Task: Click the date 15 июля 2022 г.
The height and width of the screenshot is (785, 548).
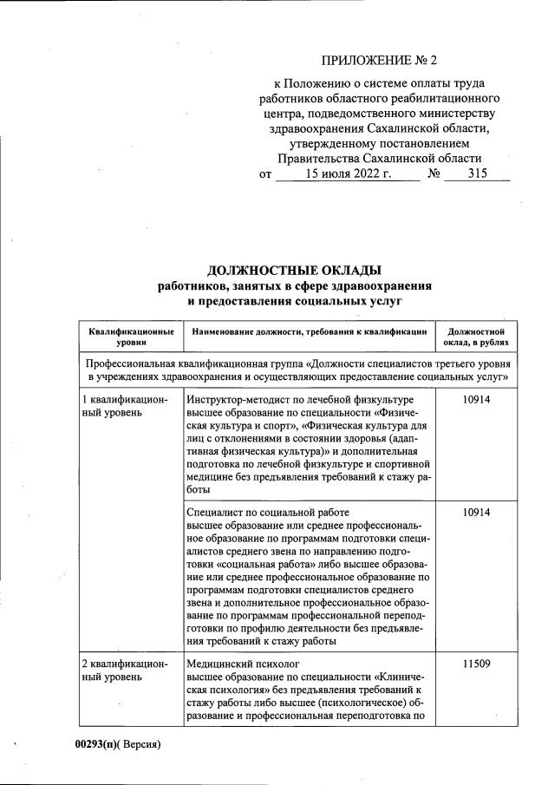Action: click(x=349, y=173)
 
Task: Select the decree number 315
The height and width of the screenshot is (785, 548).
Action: click(x=477, y=173)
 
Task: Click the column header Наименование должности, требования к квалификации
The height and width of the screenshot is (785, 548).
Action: click(x=310, y=331)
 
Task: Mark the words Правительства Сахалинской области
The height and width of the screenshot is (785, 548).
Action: click(x=380, y=159)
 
